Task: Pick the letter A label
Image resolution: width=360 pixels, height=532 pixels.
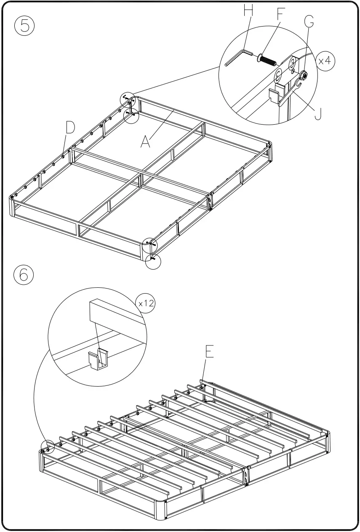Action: tap(145, 142)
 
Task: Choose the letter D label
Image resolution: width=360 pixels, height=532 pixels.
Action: tap(70, 127)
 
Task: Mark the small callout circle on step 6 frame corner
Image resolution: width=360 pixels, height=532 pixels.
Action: tap(48, 447)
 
